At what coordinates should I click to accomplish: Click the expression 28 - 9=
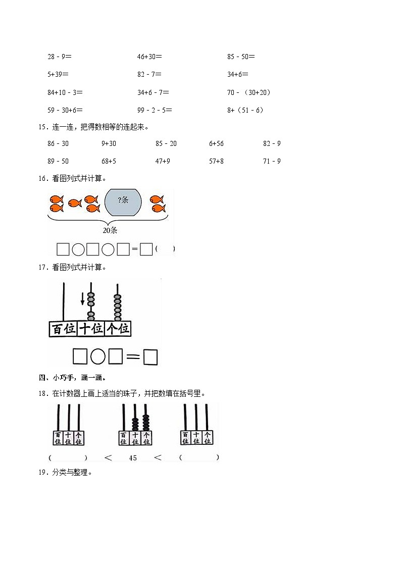60,57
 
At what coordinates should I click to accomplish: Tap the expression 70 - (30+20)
249,92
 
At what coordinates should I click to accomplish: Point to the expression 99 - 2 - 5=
155,110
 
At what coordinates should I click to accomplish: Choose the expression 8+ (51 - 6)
245,110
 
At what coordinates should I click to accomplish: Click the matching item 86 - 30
58,144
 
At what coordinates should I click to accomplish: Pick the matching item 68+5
109,162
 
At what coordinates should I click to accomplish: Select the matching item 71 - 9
272,162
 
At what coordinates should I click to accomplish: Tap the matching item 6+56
216,144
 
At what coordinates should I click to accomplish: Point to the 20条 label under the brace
111,230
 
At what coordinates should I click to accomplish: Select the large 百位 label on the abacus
63,329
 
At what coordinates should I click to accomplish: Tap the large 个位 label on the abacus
118,329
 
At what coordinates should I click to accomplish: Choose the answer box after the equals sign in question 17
151,357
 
